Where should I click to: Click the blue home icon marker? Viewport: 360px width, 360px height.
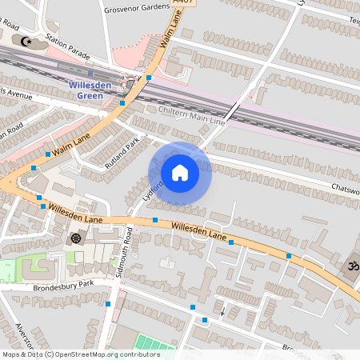(x=180, y=172)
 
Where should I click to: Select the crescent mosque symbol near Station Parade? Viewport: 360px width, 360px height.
(x=26, y=41)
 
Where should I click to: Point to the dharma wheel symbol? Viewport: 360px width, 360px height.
(x=76, y=238)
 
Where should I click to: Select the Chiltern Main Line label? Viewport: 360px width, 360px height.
(x=193, y=115)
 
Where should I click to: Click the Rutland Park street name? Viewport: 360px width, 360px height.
(x=122, y=153)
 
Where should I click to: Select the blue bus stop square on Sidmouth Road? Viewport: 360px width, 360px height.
(x=108, y=304)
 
